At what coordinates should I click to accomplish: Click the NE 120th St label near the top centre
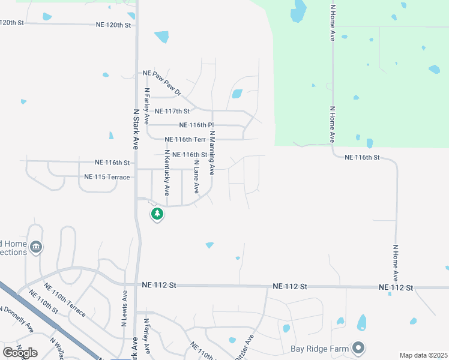click(x=112, y=25)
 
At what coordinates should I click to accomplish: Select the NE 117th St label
click(x=172, y=111)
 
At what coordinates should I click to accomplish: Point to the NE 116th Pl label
click(x=197, y=125)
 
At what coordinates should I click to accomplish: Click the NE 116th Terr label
click(x=185, y=140)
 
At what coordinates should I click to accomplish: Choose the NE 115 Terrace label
click(x=107, y=177)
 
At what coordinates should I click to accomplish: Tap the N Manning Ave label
click(x=212, y=153)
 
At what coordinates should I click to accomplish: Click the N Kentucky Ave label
click(x=167, y=173)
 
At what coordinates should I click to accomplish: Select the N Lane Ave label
click(x=196, y=176)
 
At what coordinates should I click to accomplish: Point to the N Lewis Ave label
click(x=125, y=305)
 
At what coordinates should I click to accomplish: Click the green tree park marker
click(x=157, y=214)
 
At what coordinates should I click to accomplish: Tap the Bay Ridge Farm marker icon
click(x=358, y=347)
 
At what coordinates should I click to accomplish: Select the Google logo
click(x=20, y=352)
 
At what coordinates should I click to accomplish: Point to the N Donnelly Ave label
click(x=16, y=319)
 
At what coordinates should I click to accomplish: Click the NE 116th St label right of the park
click(x=362, y=157)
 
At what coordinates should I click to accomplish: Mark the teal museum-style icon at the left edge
click(x=36, y=247)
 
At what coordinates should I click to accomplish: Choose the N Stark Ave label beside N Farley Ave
click(x=136, y=129)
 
